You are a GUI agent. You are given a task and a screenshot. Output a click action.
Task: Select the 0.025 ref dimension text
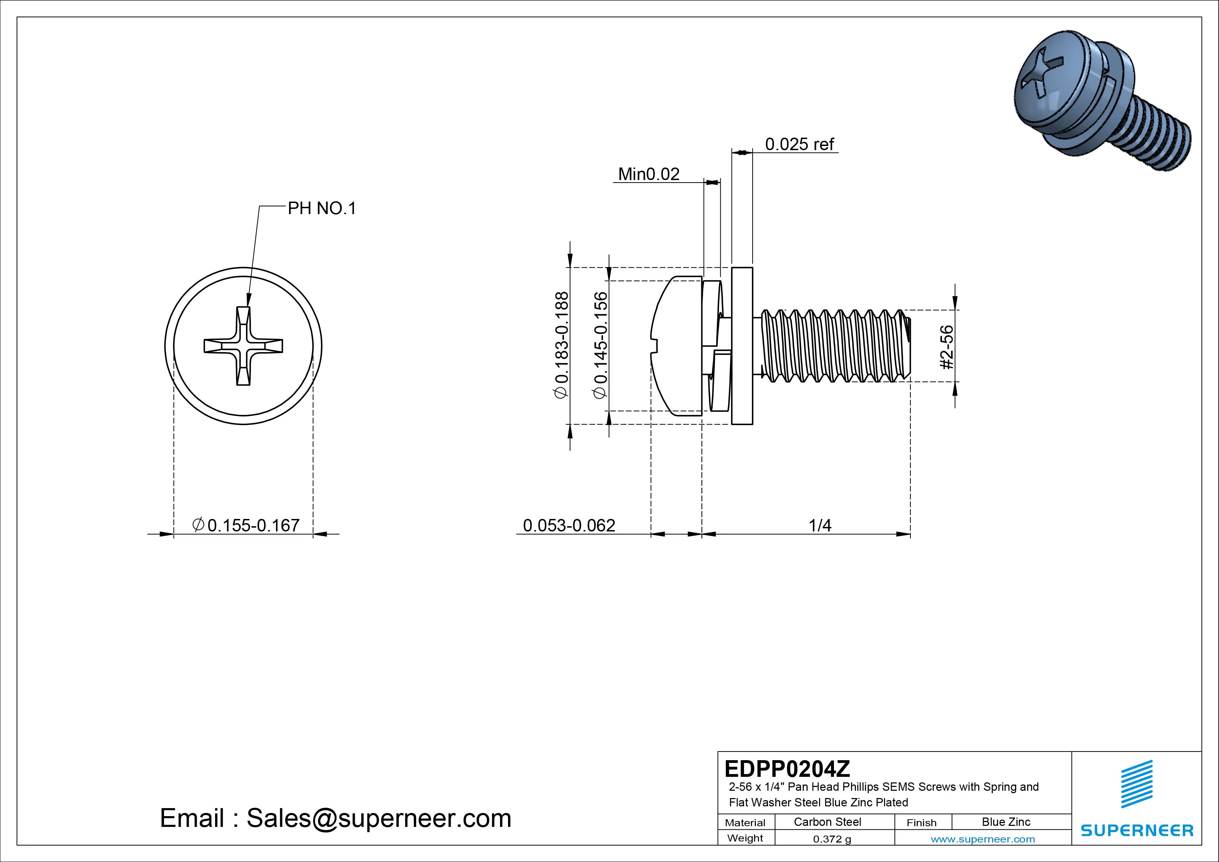[799, 144]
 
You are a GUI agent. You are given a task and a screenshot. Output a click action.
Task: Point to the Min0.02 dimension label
[648, 174]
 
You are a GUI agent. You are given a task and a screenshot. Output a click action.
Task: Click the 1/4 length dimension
[819, 525]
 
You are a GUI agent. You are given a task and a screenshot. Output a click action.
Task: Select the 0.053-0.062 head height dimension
[568, 525]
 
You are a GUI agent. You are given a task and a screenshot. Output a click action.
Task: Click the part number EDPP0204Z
[787, 769]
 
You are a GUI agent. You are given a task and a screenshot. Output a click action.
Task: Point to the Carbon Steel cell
[827, 822]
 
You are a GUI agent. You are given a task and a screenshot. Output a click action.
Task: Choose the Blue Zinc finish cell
[1006, 822]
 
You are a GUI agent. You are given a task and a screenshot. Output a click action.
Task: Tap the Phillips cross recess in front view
[243, 346]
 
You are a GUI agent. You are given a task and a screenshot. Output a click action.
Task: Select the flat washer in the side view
[742, 346]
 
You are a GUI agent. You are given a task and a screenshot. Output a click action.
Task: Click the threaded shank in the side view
[834, 346]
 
